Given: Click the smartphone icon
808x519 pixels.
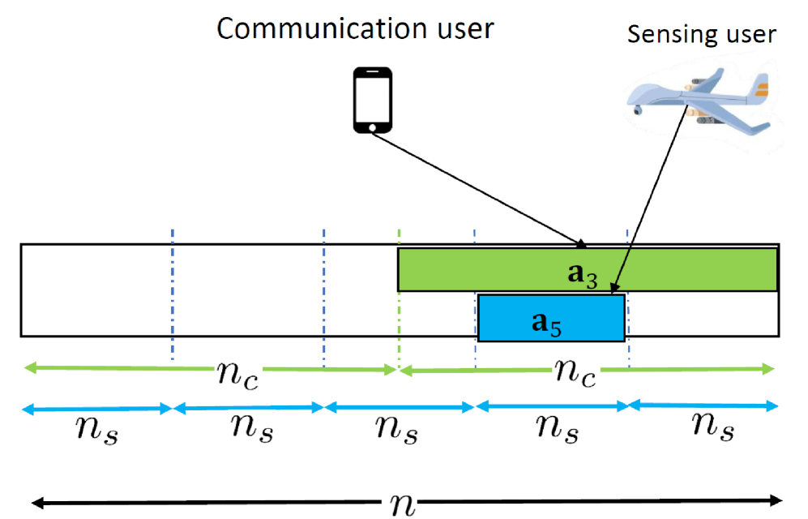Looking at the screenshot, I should point(372,100).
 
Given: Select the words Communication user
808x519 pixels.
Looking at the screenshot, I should point(355,29).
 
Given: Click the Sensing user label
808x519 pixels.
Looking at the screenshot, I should point(702,34).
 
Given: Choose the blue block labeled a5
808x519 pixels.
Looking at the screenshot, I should point(551,318).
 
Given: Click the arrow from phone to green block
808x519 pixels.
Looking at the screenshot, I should point(478,189).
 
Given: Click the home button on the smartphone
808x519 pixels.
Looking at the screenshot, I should point(372,127).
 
